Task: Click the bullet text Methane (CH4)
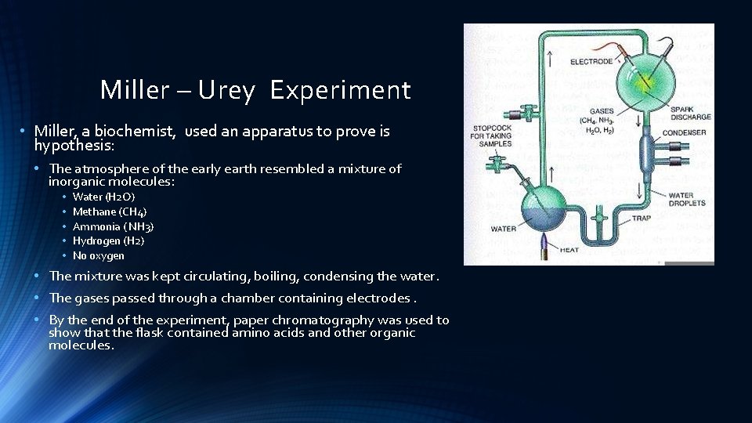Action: pos(110,211)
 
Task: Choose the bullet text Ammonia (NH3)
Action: pos(113,226)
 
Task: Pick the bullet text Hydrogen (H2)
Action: pos(108,240)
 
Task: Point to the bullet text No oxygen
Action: pos(98,255)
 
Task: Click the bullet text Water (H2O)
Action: pos(103,197)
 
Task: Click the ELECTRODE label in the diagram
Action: pos(591,62)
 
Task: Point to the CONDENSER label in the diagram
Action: pos(684,133)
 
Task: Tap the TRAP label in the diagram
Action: pos(641,219)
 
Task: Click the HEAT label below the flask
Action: pos(569,250)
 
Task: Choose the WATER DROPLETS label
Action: pos(686,199)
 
